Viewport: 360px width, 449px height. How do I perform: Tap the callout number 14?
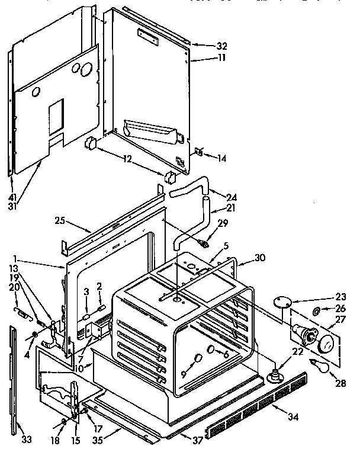pos(222,158)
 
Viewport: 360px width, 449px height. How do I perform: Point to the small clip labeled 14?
pos(200,152)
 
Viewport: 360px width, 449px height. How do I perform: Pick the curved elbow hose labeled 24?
pos(187,190)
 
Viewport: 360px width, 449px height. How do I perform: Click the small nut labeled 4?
pos(34,336)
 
